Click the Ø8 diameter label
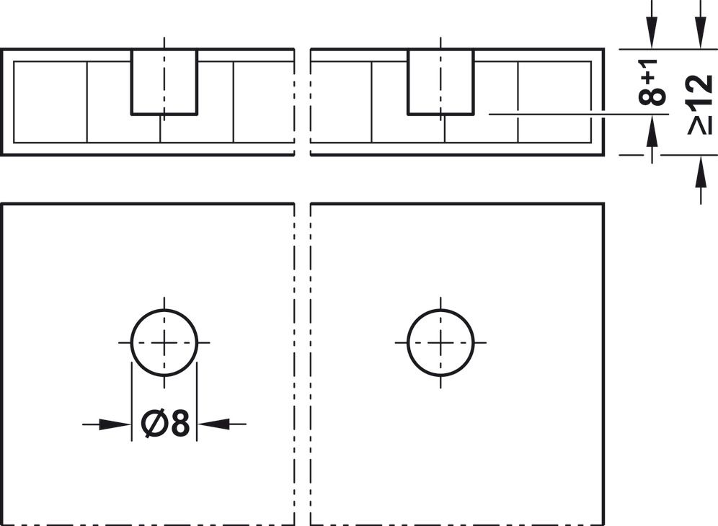(x=167, y=424)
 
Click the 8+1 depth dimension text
(x=652, y=84)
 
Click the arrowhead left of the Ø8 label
(x=115, y=424)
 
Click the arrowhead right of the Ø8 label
(x=213, y=424)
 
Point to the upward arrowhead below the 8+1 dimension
(x=652, y=132)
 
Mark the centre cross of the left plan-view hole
(x=164, y=342)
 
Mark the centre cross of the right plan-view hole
(x=440, y=342)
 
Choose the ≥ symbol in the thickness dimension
(x=700, y=125)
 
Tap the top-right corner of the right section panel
(x=603, y=50)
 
